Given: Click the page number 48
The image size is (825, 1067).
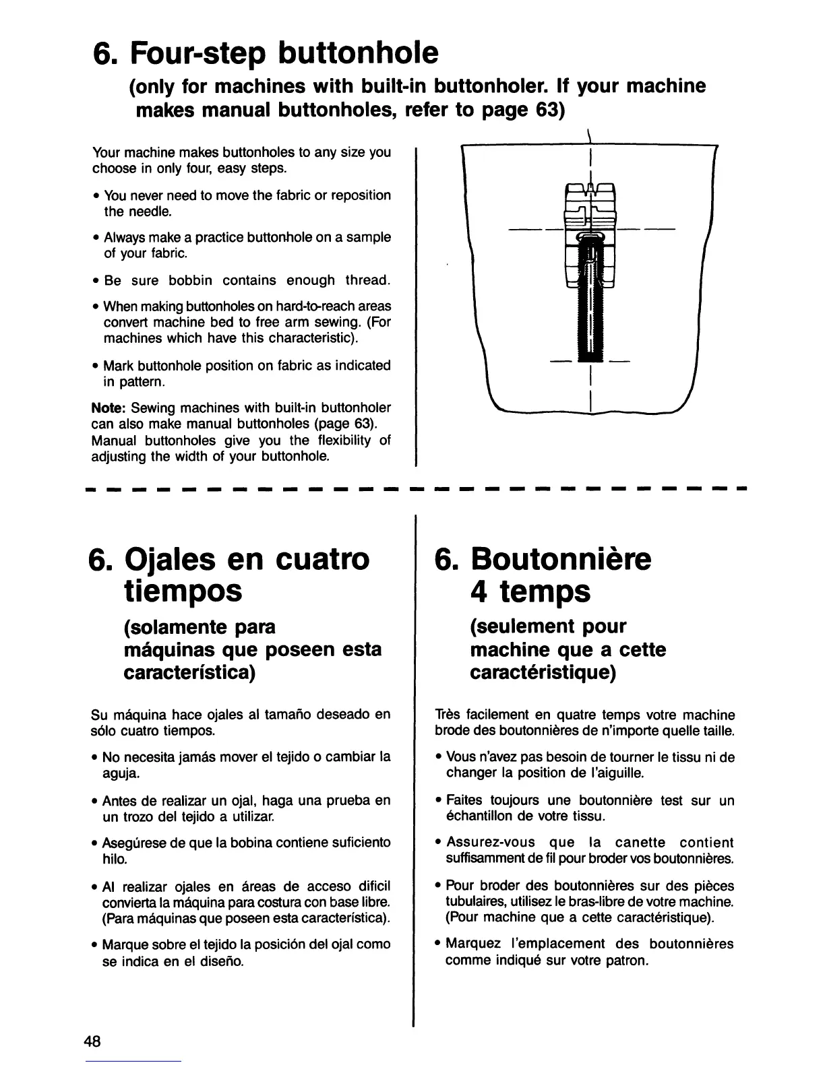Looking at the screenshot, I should [92, 1041].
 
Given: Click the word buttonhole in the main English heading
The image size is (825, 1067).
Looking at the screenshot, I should [352, 52].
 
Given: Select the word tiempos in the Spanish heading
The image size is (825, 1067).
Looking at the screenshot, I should [183, 591].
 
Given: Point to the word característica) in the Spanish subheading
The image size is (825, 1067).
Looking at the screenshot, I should [189, 673].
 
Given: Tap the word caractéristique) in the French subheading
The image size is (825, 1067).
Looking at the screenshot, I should [543, 673].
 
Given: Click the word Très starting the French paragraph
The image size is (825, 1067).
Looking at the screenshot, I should [450, 715].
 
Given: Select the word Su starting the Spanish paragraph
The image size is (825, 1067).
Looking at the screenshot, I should [98, 715].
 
